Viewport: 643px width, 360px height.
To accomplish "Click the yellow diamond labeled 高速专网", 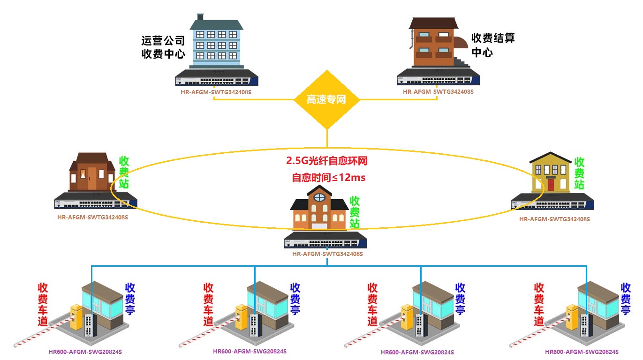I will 326,99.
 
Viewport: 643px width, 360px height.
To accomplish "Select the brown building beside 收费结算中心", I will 434,43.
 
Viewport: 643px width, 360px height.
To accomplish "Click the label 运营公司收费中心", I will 163,47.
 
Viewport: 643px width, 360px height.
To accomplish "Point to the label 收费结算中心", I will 492,45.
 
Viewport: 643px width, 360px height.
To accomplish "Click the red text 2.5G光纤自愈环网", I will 327,161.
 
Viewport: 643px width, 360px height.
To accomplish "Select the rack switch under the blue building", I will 217,78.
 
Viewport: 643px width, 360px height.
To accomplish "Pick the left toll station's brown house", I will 92,172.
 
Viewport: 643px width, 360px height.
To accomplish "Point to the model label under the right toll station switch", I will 554,219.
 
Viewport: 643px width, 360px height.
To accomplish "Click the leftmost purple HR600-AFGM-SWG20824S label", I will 85,352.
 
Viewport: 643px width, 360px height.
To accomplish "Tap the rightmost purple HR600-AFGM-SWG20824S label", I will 582,352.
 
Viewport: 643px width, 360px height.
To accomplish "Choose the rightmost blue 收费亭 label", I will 626,299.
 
